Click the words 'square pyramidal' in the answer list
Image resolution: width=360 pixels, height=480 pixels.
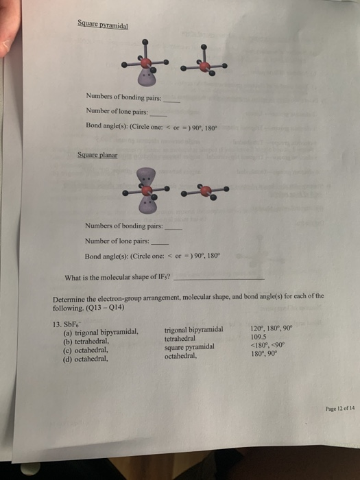click(189, 347)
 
